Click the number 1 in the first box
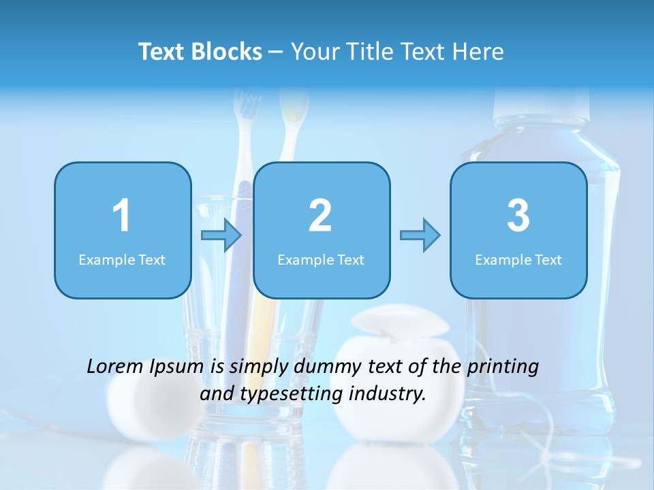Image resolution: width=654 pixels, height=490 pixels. coord(121,216)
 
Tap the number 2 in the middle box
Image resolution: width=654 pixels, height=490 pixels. coord(320,216)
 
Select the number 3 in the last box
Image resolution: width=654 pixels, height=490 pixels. coord(518,216)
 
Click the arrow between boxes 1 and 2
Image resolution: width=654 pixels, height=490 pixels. coord(221,236)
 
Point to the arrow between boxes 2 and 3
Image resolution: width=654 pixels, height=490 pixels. coord(420,235)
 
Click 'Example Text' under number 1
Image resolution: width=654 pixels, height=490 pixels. coord(122,260)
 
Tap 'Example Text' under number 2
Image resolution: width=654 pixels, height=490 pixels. coord(321,260)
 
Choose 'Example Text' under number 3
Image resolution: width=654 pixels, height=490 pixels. coord(518,260)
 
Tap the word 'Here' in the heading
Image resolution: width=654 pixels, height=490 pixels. coord(480,52)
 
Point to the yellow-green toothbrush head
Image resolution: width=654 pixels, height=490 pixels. coord(293,109)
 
